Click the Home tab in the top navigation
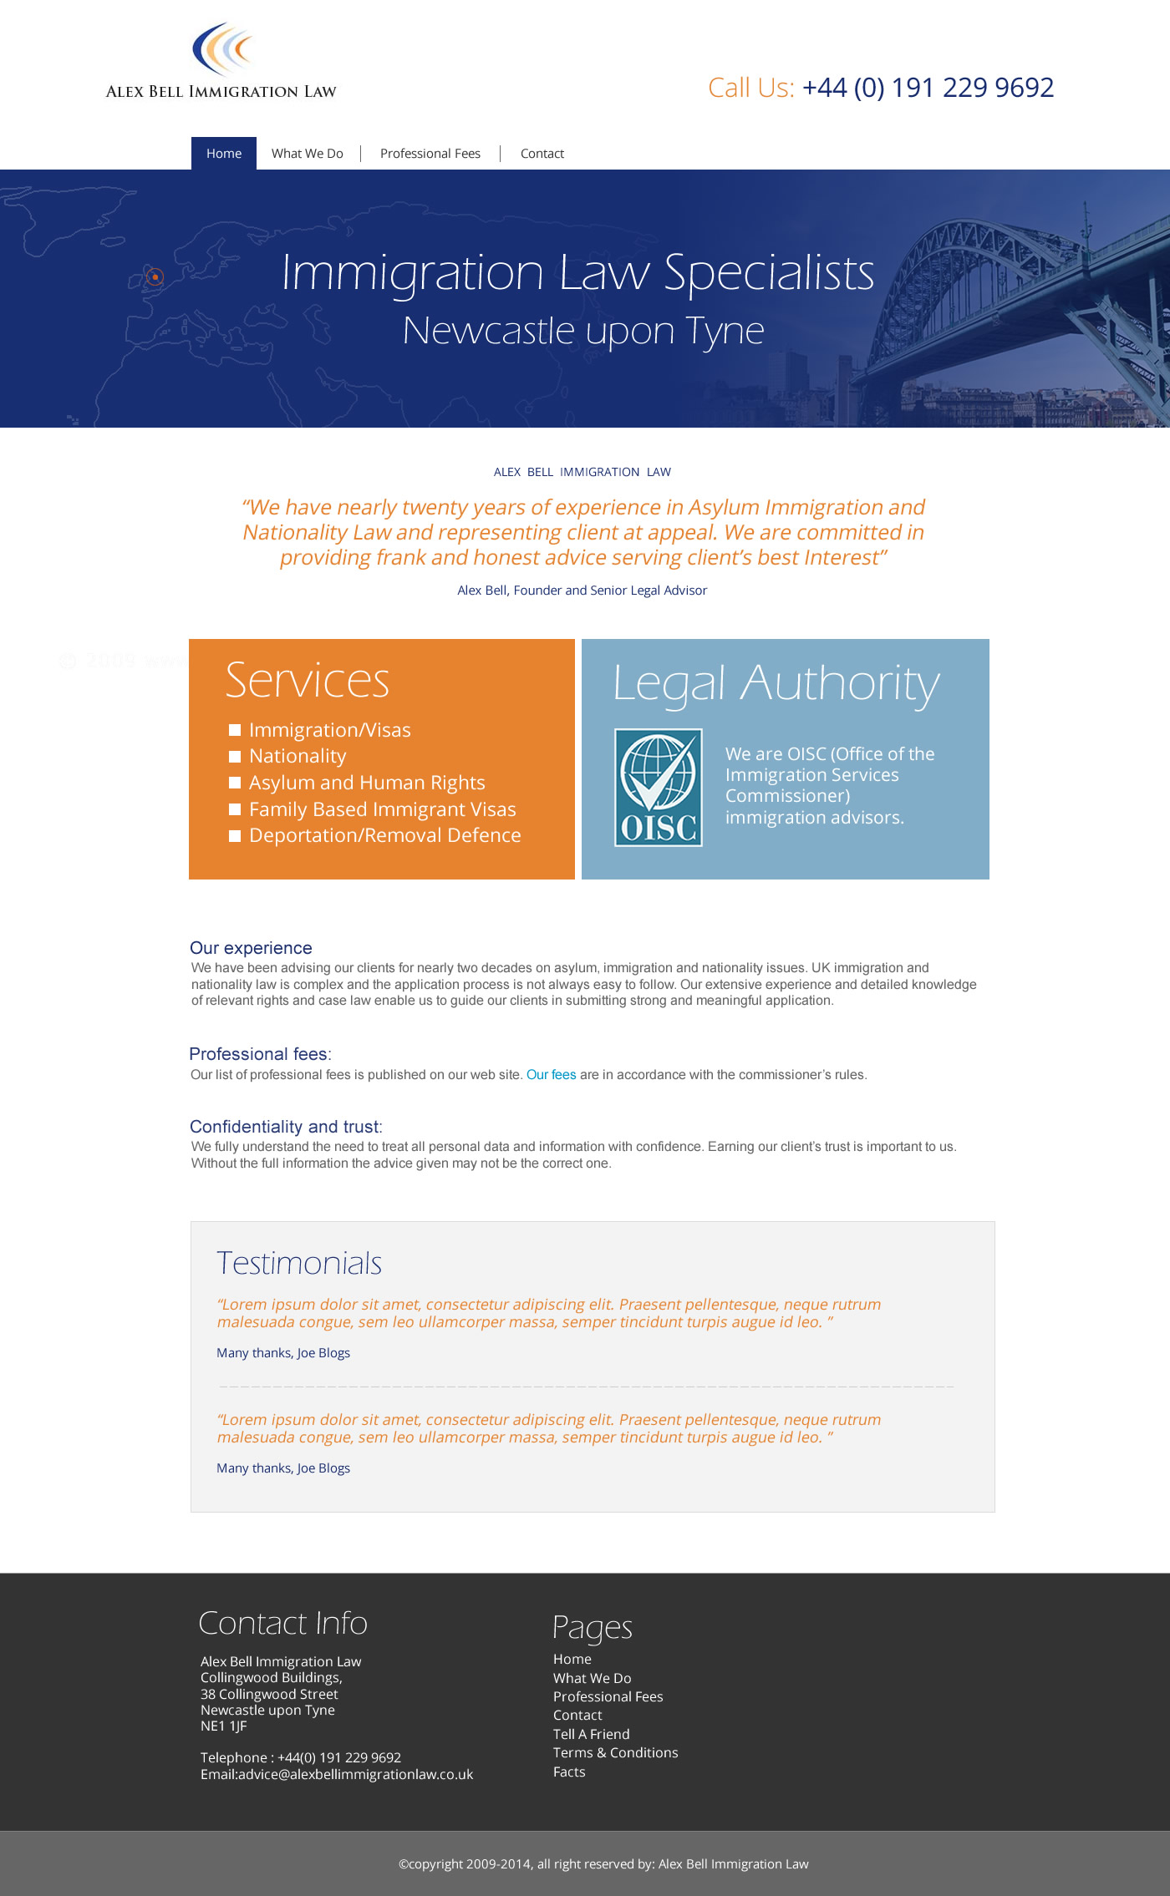(224, 154)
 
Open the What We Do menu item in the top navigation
(308, 154)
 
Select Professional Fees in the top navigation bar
(430, 154)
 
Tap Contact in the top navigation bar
(542, 154)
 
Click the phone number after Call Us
(928, 88)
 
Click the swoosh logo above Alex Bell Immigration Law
(221, 50)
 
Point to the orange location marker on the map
(155, 276)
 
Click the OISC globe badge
(659, 788)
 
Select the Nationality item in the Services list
(298, 756)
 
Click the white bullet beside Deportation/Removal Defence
(235, 835)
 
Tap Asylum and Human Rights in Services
(367, 783)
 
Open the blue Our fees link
(551, 1075)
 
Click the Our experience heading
(251, 948)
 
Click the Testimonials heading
(299, 1263)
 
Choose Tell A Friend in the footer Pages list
(592, 1734)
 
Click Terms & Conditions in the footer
(615, 1752)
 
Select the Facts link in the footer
(569, 1772)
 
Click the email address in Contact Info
(355, 1774)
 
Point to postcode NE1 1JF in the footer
(224, 1726)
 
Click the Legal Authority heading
(776, 683)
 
